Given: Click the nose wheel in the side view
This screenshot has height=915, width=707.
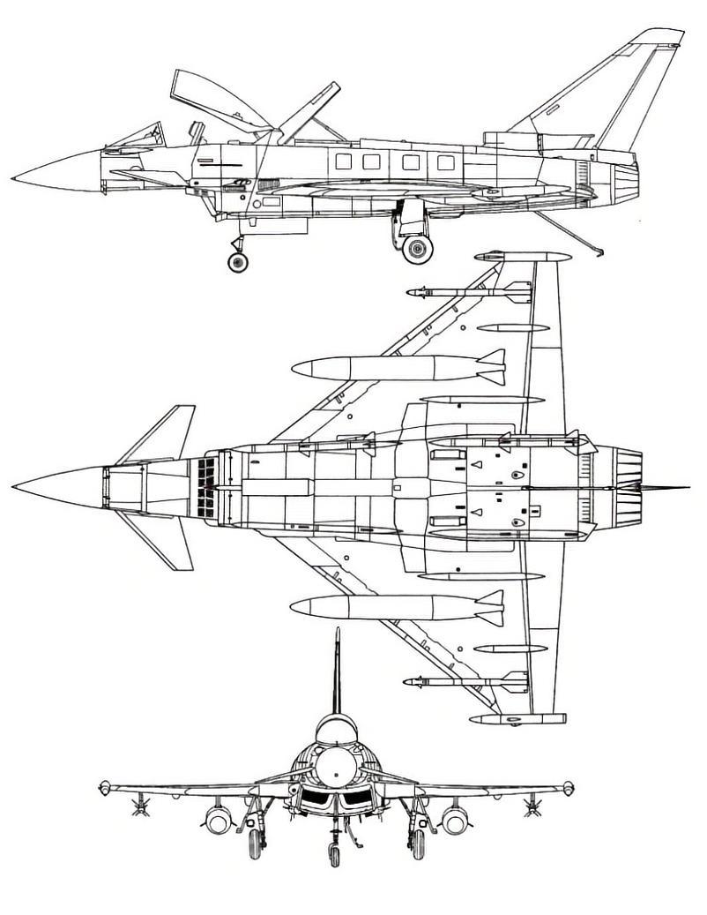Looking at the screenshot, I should [x=237, y=262].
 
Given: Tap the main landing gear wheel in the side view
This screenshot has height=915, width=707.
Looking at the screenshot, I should [x=417, y=248].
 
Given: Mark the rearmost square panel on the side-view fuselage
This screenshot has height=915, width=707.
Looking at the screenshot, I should [x=446, y=162].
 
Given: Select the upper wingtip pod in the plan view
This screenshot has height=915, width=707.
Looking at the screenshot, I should [x=522, y=257].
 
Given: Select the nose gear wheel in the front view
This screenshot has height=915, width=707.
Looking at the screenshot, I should [x=334, y=853].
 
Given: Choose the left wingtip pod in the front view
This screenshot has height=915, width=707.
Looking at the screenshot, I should [x=105, y=788].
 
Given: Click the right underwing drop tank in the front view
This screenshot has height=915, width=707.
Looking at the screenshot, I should [x=454, y=821].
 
